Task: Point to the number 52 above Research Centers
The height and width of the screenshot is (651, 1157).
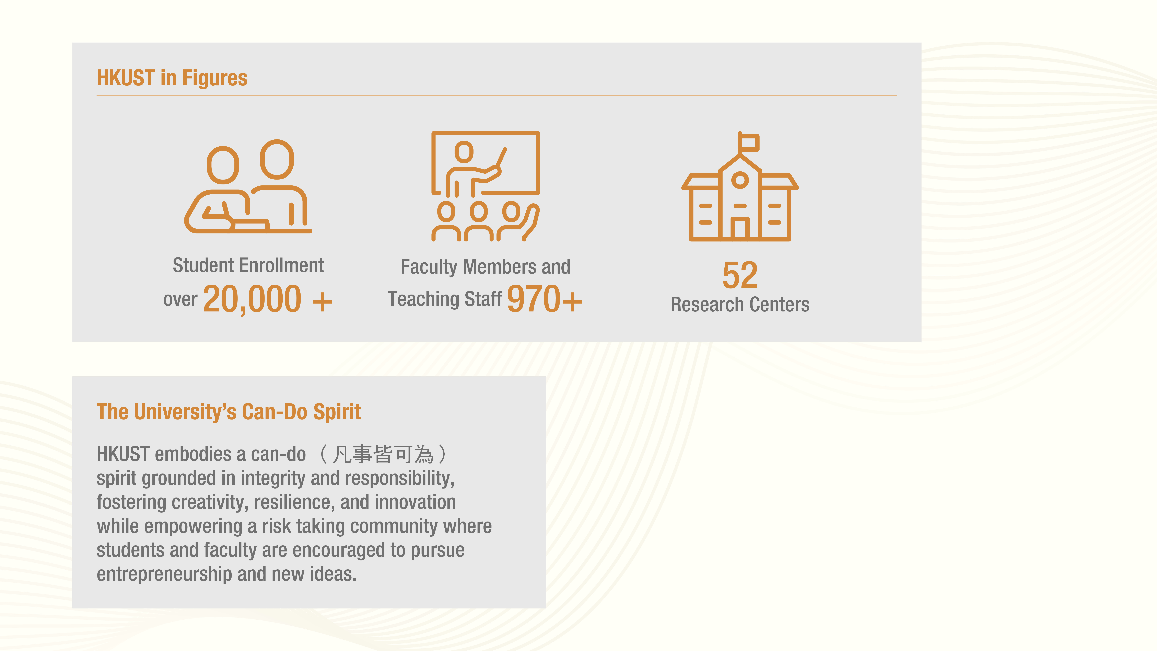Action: [x=740, y=275]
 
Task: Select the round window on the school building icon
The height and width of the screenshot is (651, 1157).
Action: [x=740, y=181]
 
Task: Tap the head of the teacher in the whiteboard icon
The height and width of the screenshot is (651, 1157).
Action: [x=464, y=152]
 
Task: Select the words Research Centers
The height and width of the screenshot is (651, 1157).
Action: [x=740, y=305]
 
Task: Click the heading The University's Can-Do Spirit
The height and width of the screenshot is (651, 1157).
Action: [x=229, y=412]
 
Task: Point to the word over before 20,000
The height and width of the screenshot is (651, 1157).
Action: [x=180, y=300]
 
